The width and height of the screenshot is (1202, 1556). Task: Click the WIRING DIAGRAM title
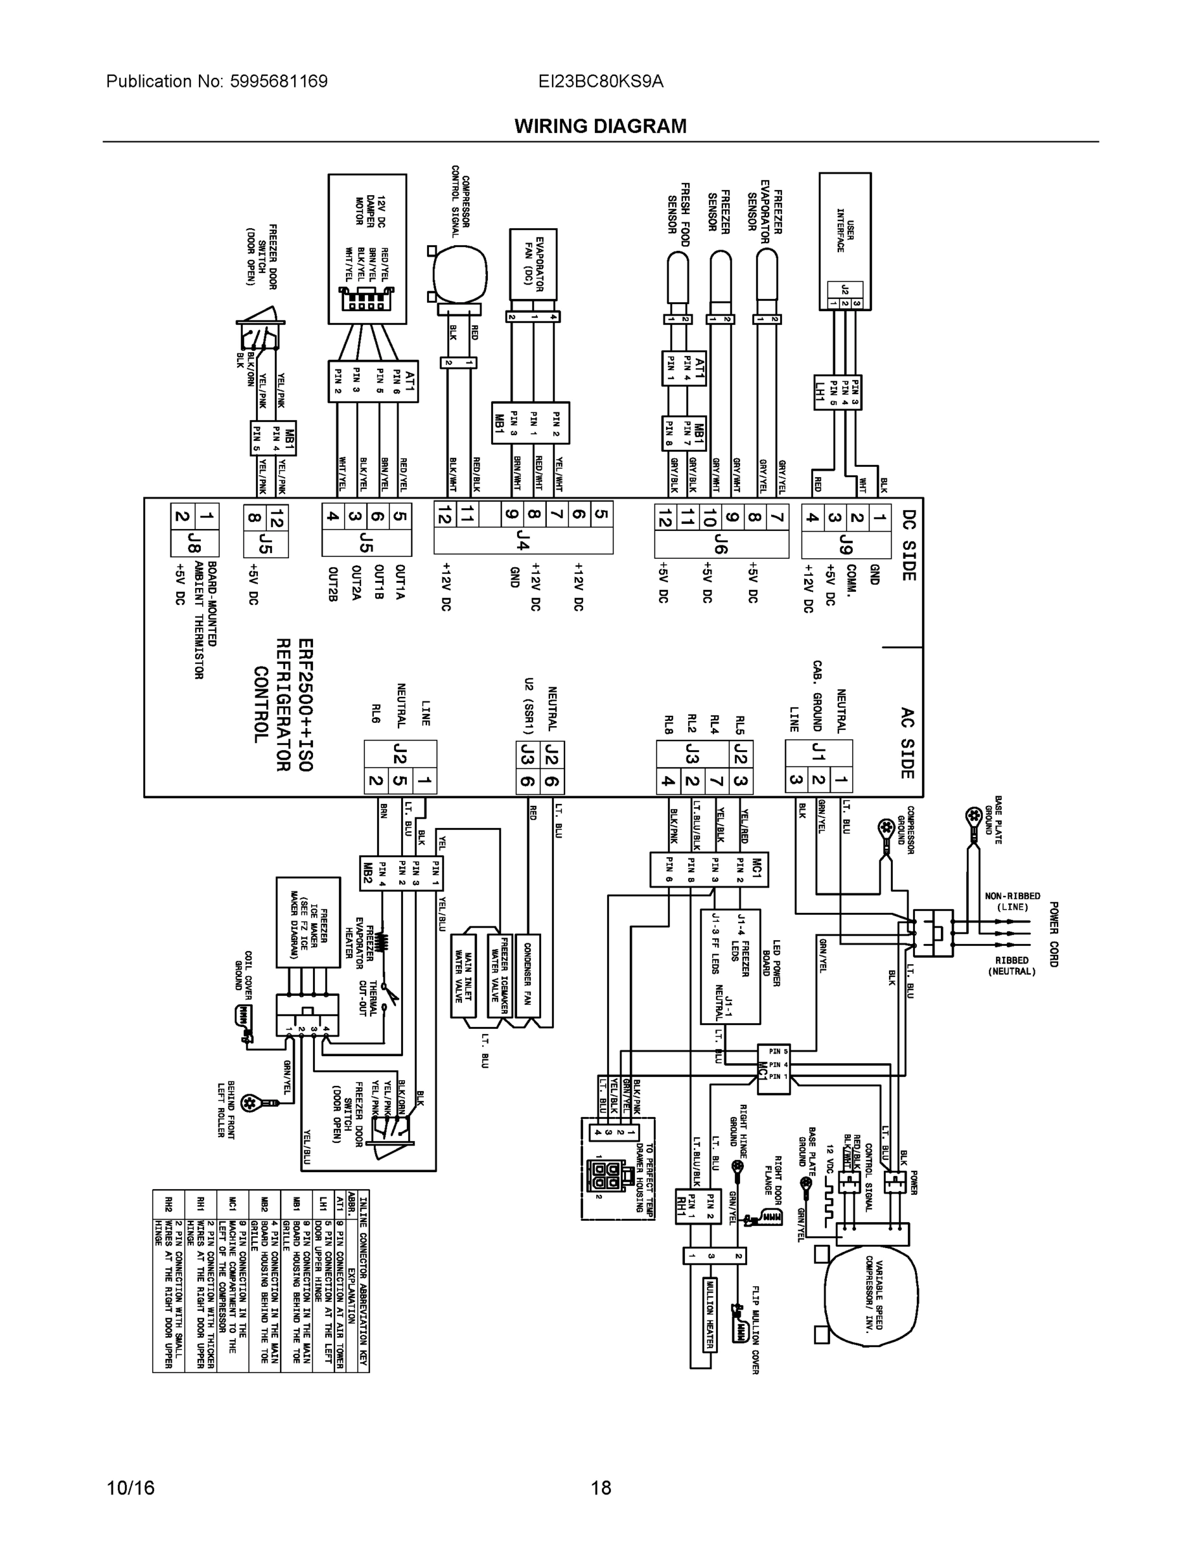pyautogui.click(x=600, y=126)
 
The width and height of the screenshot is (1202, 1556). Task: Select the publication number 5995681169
pyautogui.click(x=279, y=81)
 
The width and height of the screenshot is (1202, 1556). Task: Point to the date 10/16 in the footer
pyautogui.click(x=130, y=1488)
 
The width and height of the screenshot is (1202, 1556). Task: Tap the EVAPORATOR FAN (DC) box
pyautogui.click(x=533, y=264)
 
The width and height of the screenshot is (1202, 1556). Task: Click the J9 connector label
pyautogui.click(x=846, y=545)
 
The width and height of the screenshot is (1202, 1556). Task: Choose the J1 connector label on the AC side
pyautogui.click(x=819, y=751)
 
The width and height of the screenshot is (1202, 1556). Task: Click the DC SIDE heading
pyautogui.click(x=908, y=545)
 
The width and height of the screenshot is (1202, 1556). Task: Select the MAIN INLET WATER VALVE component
pyautogui.click(x=465, y=974)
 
